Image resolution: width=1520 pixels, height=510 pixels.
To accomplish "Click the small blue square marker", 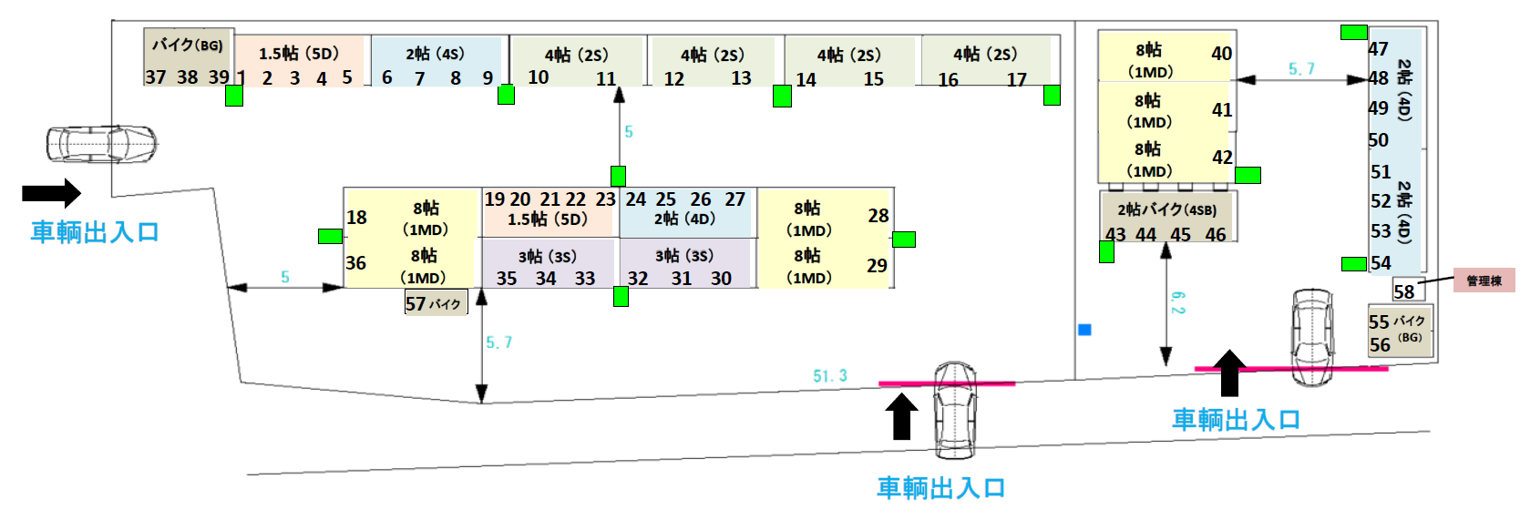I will (1084, 330).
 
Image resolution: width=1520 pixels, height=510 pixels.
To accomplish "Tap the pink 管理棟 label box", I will (1484, 280).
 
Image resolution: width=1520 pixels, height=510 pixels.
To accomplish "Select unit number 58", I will (1403, 291).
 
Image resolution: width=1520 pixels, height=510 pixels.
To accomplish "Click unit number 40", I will (1221, 54).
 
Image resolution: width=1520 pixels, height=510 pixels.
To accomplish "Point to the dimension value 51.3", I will (830, 375).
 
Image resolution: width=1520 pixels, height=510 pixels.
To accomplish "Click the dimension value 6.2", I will (1177, 303).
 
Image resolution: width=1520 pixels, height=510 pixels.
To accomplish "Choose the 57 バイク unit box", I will (435, 303).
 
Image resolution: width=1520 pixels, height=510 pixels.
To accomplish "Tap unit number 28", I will (878, 216).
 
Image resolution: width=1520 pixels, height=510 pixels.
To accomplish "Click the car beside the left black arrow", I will (101, 144).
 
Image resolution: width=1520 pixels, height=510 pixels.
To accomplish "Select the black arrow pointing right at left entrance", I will (51, 193).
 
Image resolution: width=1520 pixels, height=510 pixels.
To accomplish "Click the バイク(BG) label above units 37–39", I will (187, 45).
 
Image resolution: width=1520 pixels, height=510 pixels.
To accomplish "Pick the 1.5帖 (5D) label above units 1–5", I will (298, 54).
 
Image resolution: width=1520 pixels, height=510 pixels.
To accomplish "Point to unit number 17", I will (1017, 80).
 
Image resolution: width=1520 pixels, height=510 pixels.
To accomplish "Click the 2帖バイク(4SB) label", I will (1166, 209).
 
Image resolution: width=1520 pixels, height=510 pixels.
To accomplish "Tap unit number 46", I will (1215, 235).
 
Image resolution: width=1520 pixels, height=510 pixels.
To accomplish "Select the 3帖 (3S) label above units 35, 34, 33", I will (547, 257).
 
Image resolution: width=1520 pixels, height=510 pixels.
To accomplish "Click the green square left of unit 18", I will (330, 236).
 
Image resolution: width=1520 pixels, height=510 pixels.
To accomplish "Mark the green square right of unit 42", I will (1248, 175).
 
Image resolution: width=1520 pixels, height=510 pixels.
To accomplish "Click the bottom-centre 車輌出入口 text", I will (940, 487).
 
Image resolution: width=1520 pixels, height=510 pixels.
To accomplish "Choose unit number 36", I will (355, 263).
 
